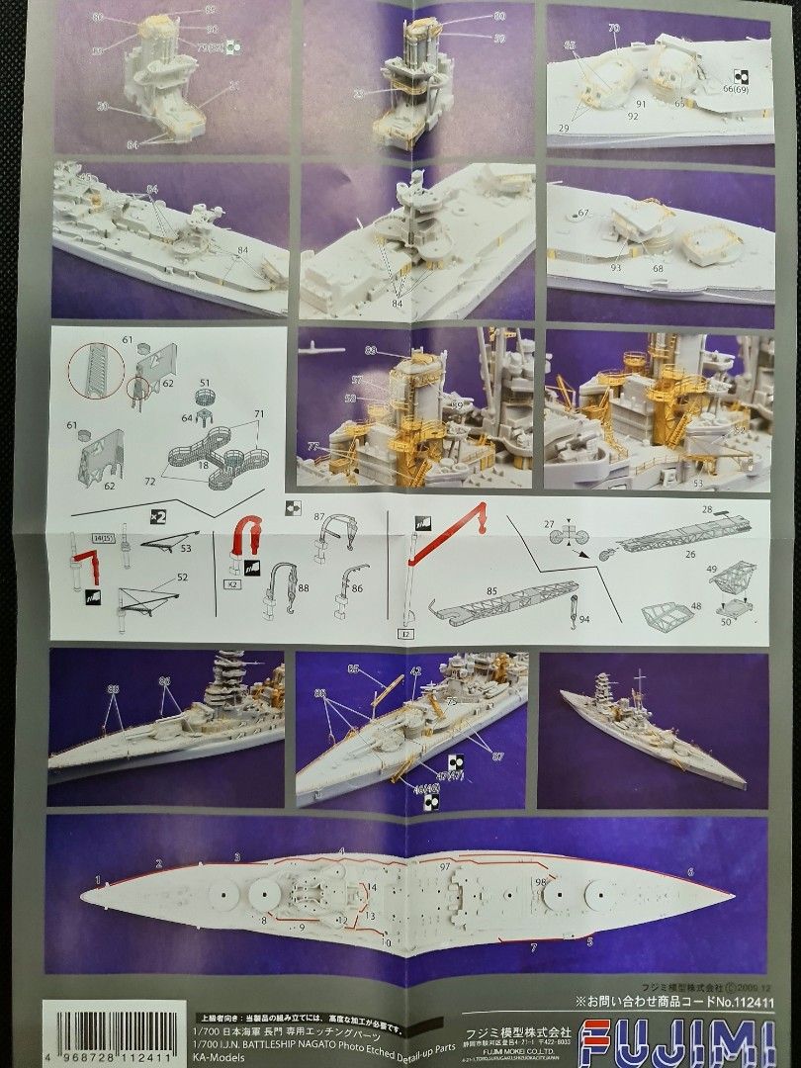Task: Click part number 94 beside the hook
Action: point(584,620)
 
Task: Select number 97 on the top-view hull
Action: point(445,865)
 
